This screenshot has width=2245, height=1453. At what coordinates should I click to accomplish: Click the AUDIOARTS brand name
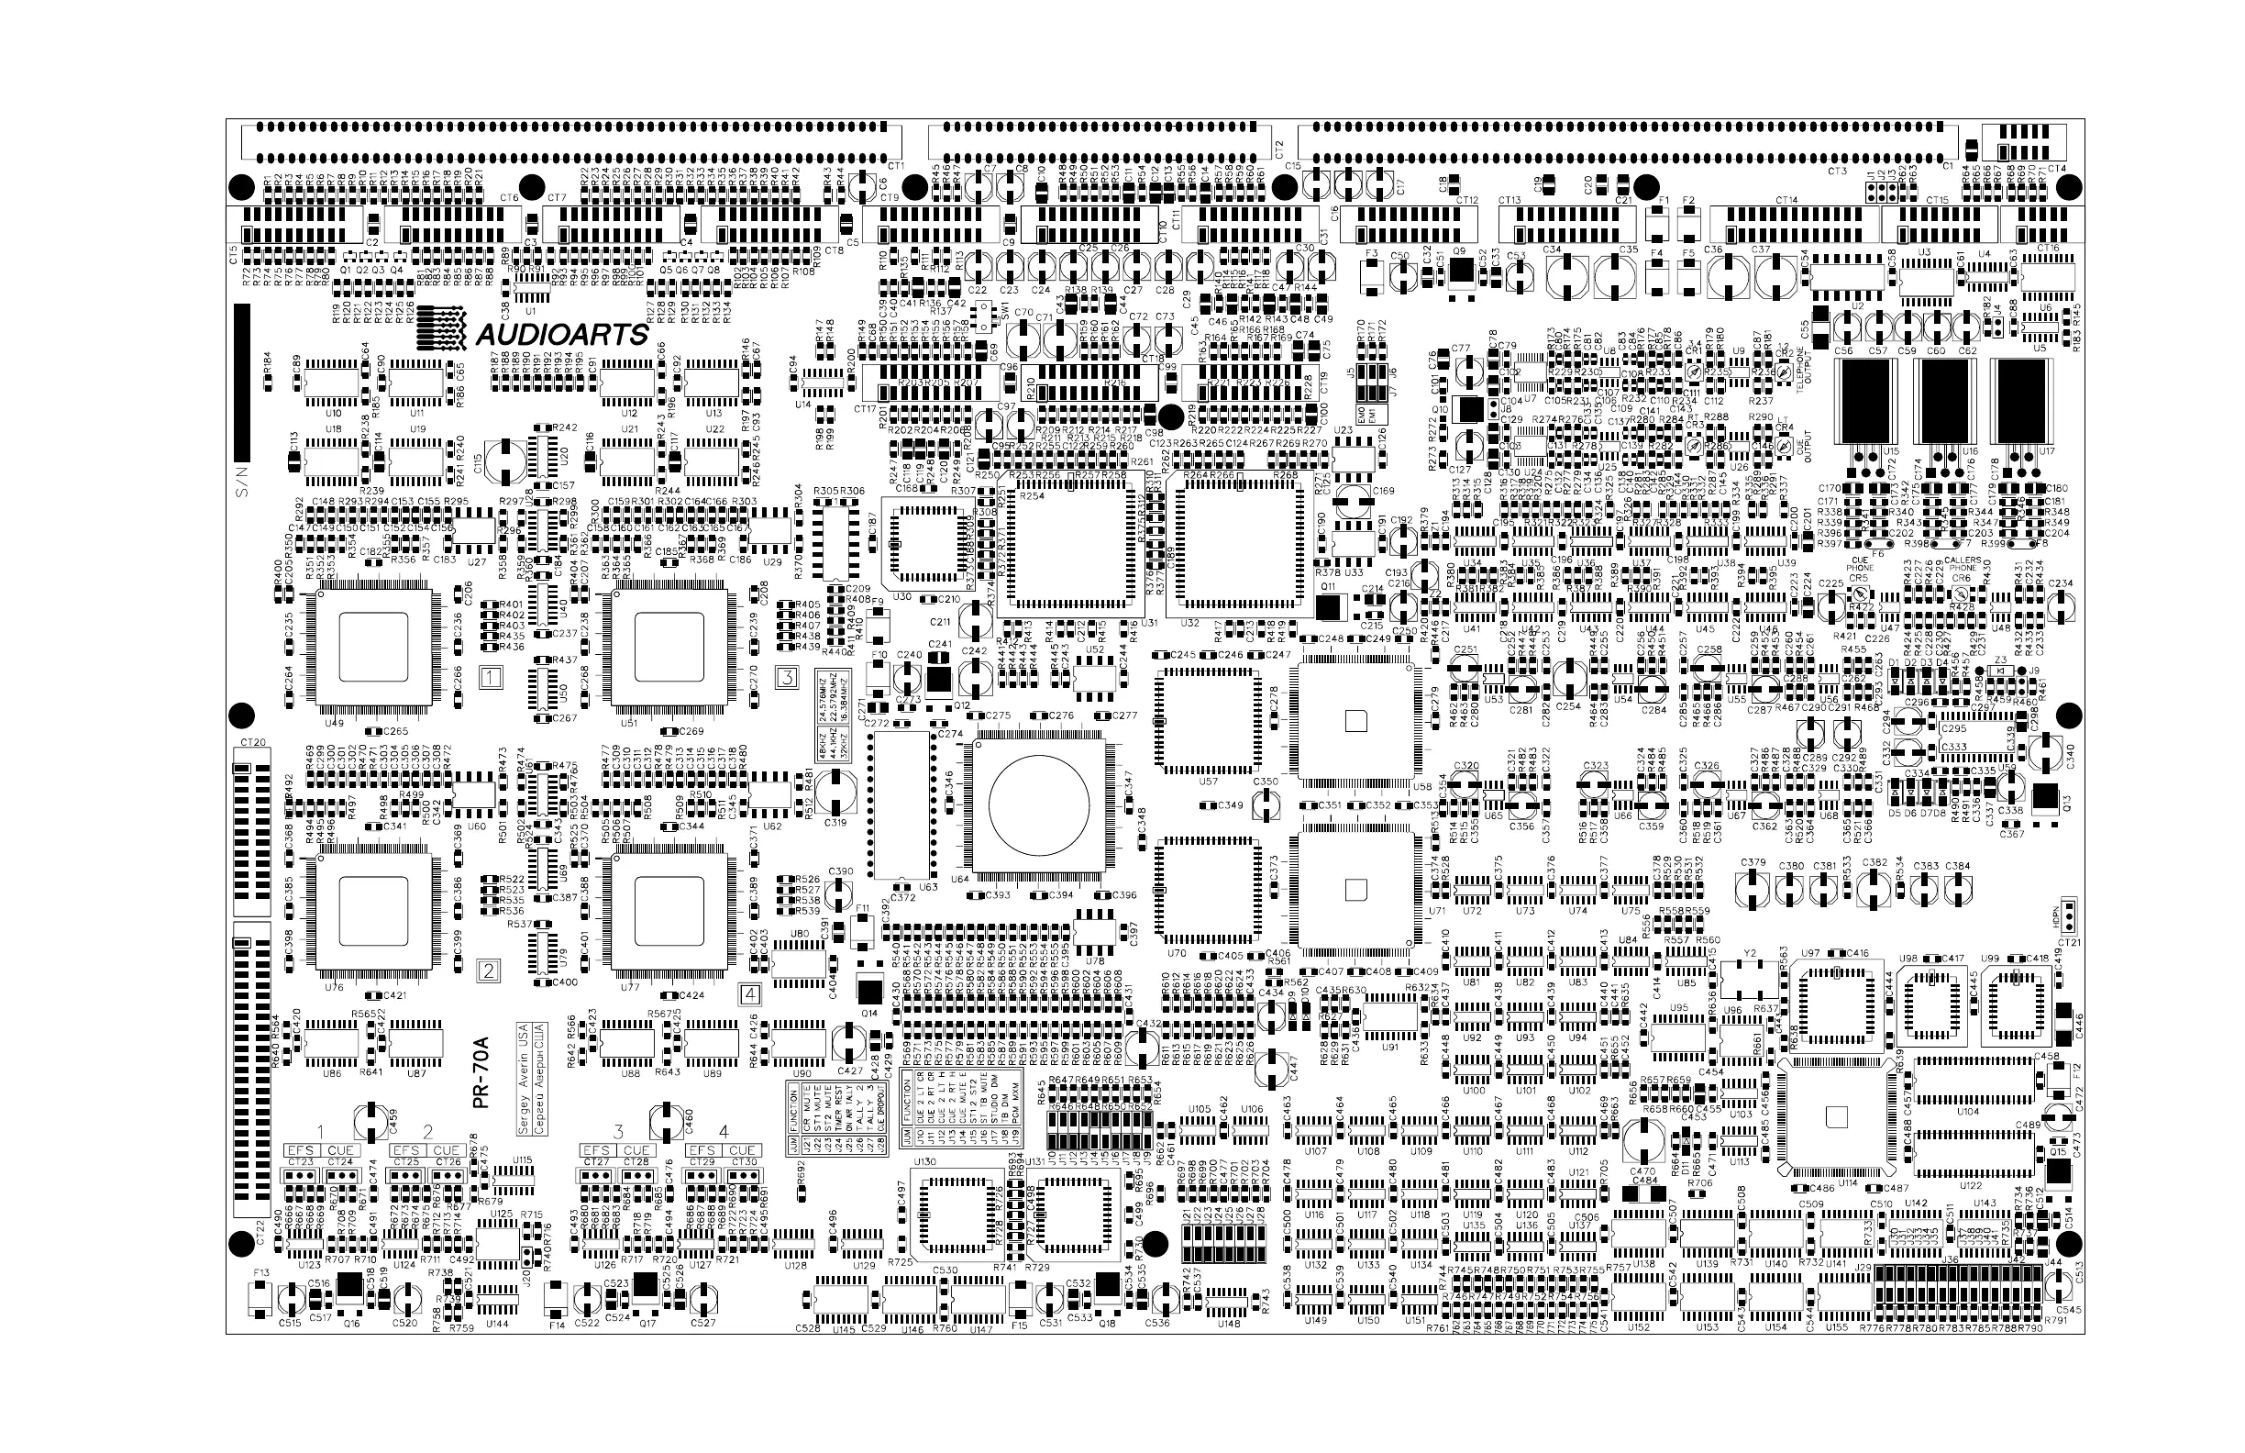pyautogui.click(x=562, y=335)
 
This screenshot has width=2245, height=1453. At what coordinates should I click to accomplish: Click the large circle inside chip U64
pyautogui.click(x=1038, y=804)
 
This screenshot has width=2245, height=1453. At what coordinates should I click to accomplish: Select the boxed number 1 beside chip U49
pyautogui.click(x=491, y=676)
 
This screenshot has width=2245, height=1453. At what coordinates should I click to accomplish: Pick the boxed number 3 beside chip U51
pyautogui.click(x=787, y=676)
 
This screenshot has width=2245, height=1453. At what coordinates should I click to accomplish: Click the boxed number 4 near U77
pyautogui.click(x=750, y=993)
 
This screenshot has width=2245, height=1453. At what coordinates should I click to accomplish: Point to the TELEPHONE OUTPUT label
pyautogui.click(x=1804, y=371)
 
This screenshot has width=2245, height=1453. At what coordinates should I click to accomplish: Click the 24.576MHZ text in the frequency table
pyautogui.click(x=824, y=695)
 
